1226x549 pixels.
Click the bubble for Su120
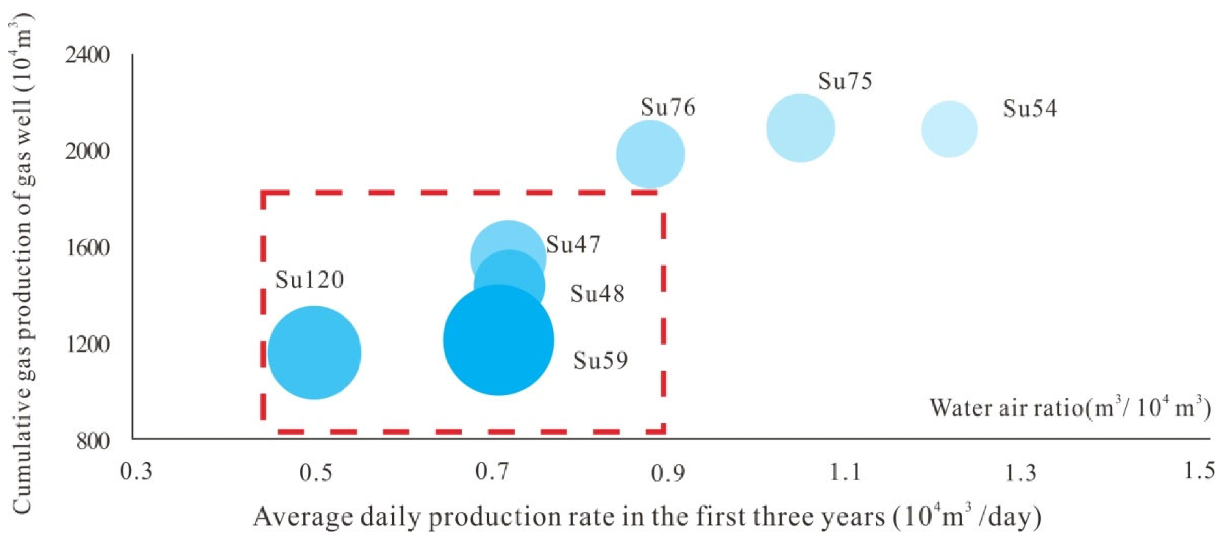(x=314, y=353)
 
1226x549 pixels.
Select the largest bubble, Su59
(x=498, y=340)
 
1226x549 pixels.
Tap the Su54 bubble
(x=949, y=129)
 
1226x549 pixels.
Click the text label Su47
(x=573, y=245)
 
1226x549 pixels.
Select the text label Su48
(x=597, y=293)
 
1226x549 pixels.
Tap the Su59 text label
(x=600, y=360)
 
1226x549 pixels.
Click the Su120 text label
(x=309, y=279)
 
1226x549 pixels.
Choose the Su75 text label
(x=845, y=81)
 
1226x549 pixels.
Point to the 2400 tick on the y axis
(x=87, y=55)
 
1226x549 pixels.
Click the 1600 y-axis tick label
(x=87, y=248)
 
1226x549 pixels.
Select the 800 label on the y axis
(x=93, y=441)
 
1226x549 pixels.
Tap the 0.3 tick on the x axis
(x=137, y=473)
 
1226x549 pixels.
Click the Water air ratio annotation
(x=1070, y=408)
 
